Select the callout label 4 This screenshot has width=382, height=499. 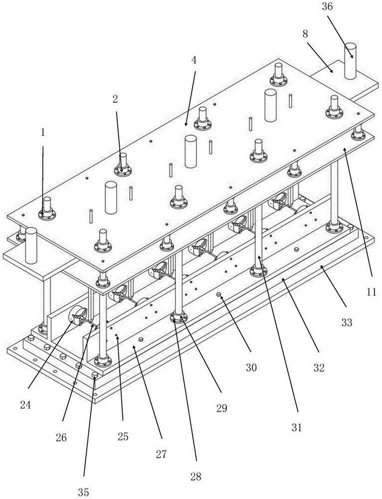pos(194,61)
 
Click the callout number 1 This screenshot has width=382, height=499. pos(43,133)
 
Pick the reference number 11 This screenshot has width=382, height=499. pos(371,293)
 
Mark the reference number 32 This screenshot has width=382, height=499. pos(319,368)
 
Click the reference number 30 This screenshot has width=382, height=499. pos(251,368)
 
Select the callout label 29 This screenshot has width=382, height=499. pos(221,408)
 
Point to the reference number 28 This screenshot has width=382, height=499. pos(196,477)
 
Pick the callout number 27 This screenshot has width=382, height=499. pos(161,455)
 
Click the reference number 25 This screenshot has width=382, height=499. pos(123,437)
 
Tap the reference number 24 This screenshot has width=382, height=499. pos(25,405)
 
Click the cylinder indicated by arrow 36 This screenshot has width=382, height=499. pos(351,61)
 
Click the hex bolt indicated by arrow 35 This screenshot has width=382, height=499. pos(95,375)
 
